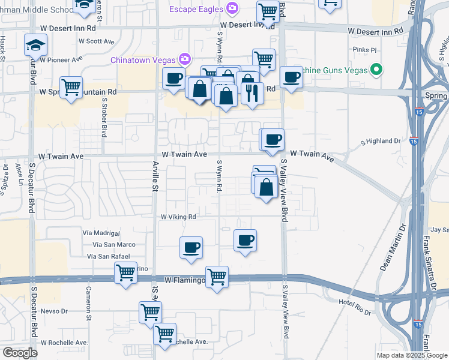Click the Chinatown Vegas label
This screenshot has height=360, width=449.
(x=142, y=59)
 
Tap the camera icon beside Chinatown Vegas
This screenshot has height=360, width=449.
(x=184, y=59)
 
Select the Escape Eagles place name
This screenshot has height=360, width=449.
(x=195, y=8)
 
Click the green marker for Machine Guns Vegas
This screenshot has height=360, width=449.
(x=376, y=70)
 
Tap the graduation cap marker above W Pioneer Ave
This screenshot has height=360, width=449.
(x=36, y=45)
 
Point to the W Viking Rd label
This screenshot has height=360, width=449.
(x=178, y=217)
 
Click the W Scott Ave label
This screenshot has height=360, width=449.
(x=96, y=41)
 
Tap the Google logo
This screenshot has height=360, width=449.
(x=20, y=353)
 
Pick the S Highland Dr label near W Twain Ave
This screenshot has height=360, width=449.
(x=380, y=141)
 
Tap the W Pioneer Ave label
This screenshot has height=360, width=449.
(x=61, y=59)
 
